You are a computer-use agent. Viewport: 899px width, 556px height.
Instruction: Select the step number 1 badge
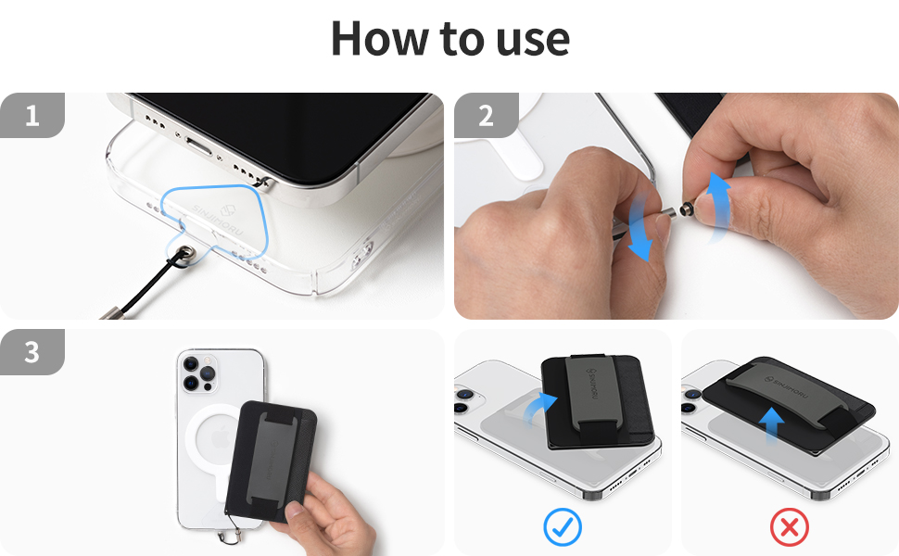tap(32, 116)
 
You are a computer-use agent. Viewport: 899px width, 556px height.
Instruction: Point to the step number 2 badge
tap(486, 116)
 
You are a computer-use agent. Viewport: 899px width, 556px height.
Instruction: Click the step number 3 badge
tap(32, 353)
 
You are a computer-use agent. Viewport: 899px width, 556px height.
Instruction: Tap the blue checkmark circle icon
tap(562, 528)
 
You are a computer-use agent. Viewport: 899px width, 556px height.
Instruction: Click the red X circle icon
tap(790, 528)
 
